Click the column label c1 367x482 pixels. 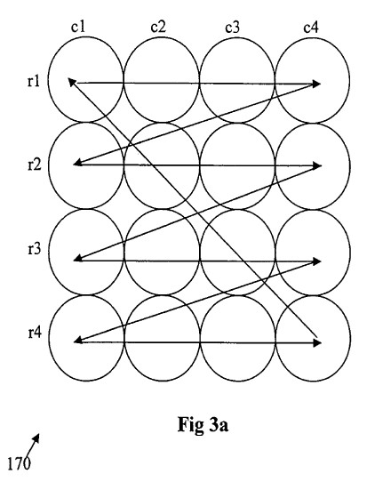click(x=77, y=27)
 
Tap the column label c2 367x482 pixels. click(x=158, y=27)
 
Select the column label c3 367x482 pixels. click(x=232, y=28)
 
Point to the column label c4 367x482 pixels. click(x=311, y=28)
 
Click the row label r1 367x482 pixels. click(x=34, y=82)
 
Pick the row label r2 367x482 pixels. click(x=34, y=165)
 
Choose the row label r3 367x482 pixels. click(x=34, y=249)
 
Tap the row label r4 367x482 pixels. click(x=35, y=333)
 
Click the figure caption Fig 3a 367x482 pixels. click(x=203, y=425)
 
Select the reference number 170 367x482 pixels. click(x=19, y=464)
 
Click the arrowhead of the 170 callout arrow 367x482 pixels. click(x=36, y=438)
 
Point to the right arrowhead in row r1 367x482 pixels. click(x=316, y=84)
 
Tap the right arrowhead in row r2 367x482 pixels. click(x=317, y=166)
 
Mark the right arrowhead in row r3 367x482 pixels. click(x=317, y=261)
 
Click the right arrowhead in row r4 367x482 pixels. click(x=317, y=342)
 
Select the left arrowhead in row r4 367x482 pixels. click(x=78, y=341)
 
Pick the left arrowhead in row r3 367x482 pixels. click(x=78, y=259)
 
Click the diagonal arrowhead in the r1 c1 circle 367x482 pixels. click(x=72, y=82)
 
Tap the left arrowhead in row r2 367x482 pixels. click(x=78, y=164)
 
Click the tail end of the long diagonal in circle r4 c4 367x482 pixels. click(x=316, y=336)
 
